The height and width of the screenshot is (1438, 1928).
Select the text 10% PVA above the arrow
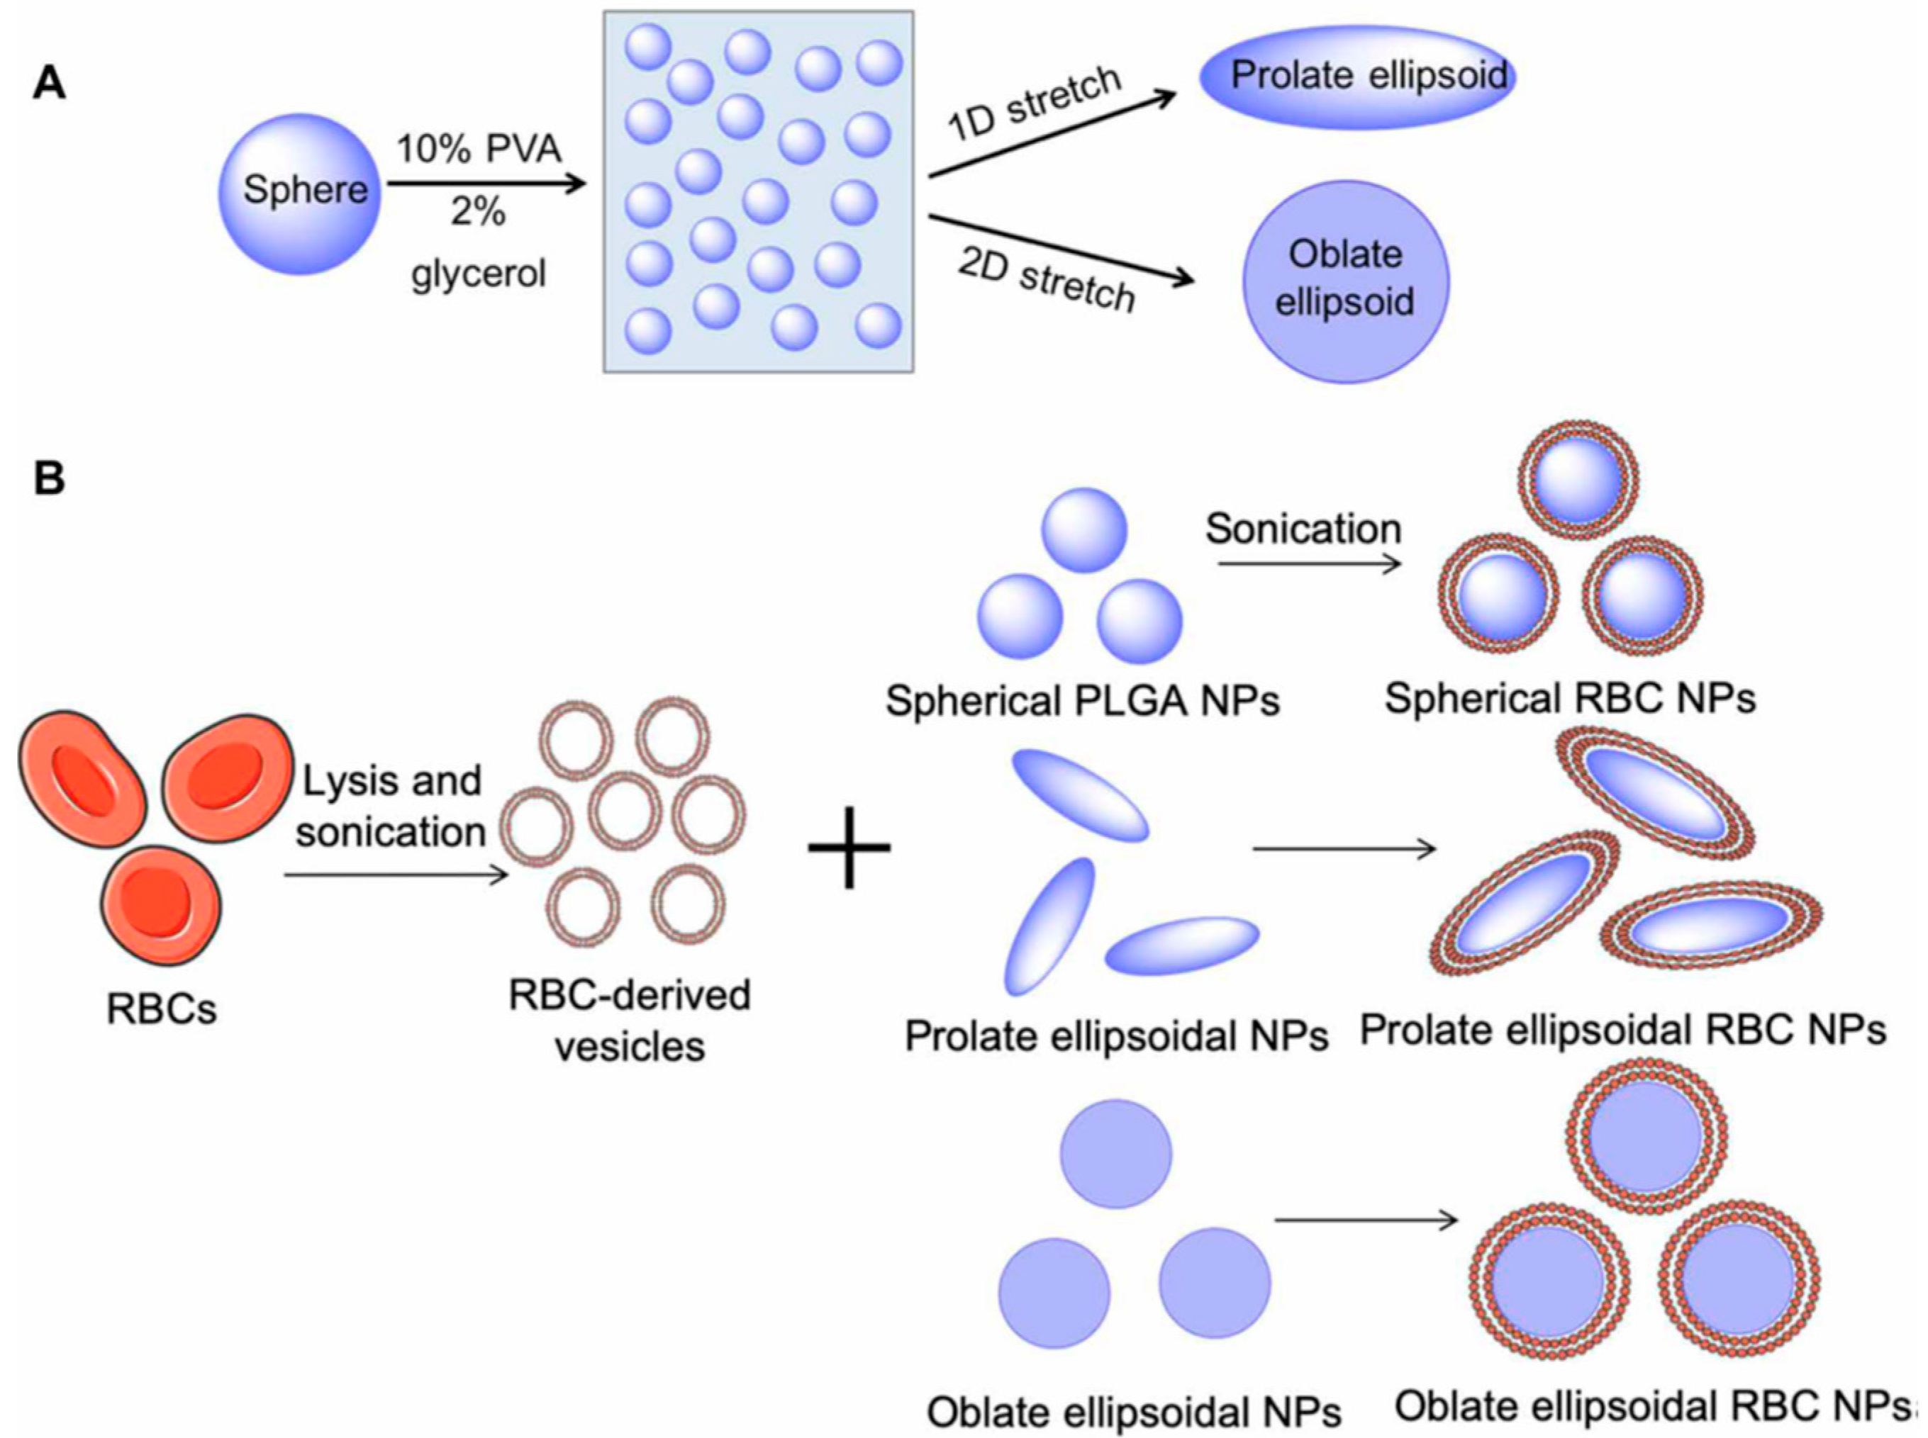pyautogui.click(x=479, y=150)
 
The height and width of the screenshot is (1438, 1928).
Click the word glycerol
pyautogui.click(x=478, y=274)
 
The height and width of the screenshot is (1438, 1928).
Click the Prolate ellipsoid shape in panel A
pyautogui.click(x=1358, y=77)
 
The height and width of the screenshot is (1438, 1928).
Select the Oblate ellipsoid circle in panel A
pyautogui.click(x=1344, y=280)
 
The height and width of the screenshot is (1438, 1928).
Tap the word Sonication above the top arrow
pyautogui.click(x=1303, y=529)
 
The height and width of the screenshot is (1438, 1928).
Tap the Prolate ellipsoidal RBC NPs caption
pyautogui.click(x=1622, y=1030)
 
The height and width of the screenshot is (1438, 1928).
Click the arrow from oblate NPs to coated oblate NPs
pyautogui.click(x=1366, y=1220)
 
